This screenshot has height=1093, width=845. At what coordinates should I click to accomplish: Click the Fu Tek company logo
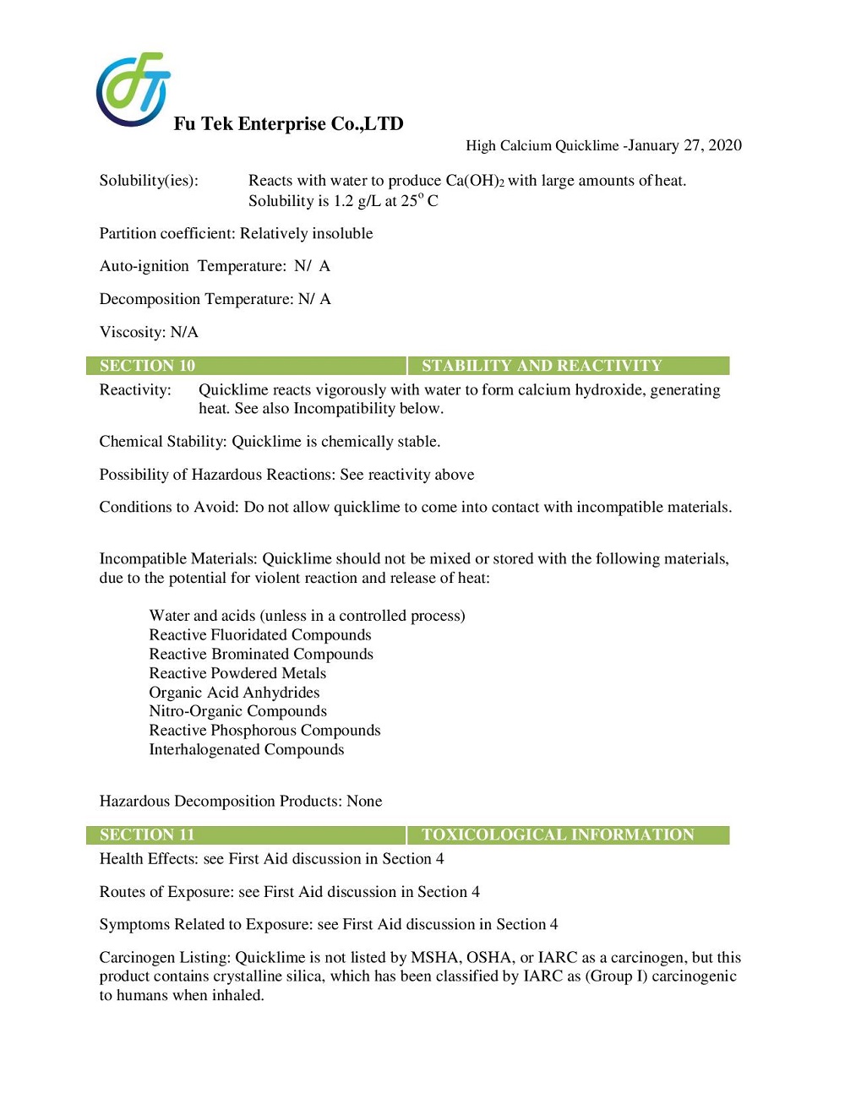133,90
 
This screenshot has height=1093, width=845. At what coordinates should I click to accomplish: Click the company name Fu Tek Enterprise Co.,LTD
288,124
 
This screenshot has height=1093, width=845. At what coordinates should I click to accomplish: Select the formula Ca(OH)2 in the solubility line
475,181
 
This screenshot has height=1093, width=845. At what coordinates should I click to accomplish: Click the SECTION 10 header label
147,366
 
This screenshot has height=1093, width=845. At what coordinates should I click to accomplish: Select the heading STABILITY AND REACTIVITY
542,366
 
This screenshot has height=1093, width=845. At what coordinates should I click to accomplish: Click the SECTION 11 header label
147,835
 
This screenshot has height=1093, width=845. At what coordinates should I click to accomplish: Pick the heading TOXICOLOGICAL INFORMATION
558,835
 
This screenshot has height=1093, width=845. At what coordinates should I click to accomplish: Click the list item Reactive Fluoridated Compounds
260,635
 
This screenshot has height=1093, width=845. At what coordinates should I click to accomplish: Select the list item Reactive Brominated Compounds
261,655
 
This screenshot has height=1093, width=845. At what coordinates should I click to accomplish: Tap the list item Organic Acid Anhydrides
234,693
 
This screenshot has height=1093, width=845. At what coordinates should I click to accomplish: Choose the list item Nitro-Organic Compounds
237,711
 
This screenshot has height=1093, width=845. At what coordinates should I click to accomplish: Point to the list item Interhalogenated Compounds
247,750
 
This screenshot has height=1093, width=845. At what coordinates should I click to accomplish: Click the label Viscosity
132,332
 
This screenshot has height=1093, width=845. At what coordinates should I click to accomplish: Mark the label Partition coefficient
166,234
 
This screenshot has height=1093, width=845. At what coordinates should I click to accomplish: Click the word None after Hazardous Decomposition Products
364,802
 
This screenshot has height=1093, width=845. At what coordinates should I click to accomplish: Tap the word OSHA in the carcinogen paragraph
489,958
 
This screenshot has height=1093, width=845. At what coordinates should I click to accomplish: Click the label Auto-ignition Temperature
193,266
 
